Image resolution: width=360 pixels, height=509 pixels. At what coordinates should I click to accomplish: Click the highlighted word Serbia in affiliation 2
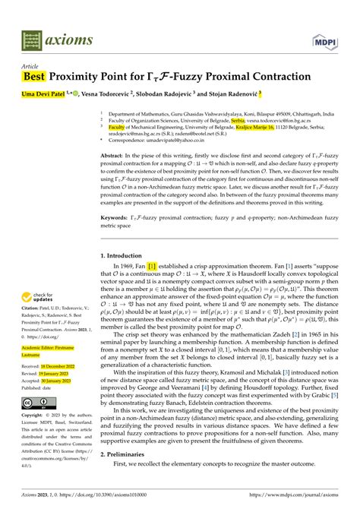coord(238,119)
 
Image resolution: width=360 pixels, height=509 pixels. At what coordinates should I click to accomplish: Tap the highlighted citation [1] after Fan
coord(152,266)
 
